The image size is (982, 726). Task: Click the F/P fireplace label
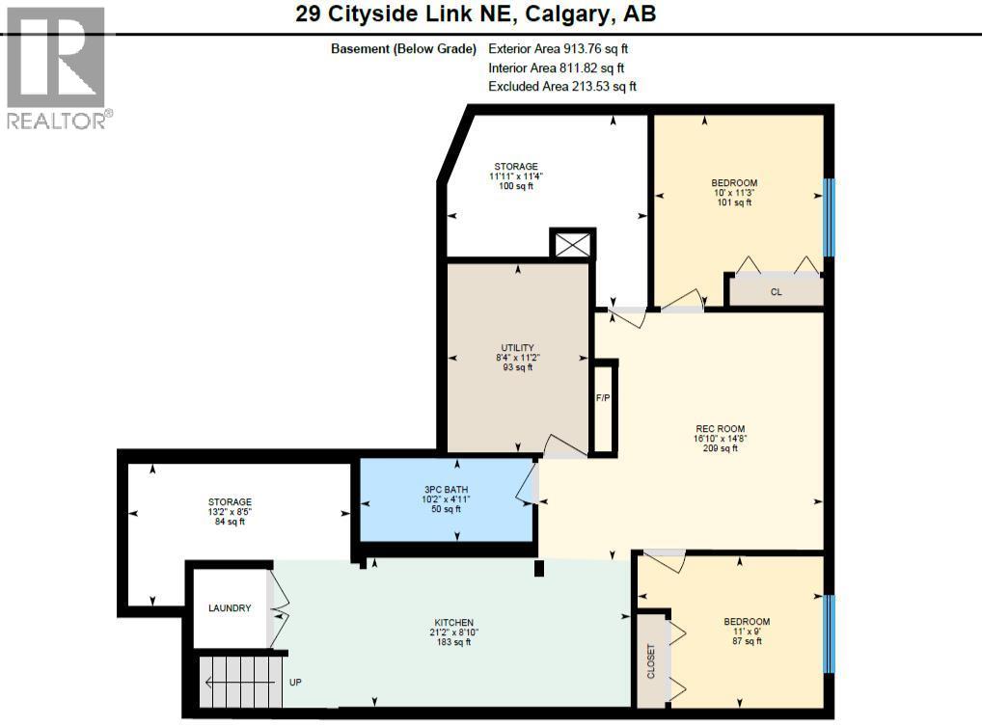pyautogui.click(x=602, y=397)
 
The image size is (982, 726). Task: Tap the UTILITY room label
pyautogui.click(x=518, y=348)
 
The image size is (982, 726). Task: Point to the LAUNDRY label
pyautogui.click(x=230, y=608)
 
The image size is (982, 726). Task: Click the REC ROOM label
pyautogui.click(x=721, y=429)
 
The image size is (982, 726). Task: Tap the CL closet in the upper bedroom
pyautogui.click(x=776, y=291)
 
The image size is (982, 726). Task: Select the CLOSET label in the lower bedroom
pyautogui.click(x=651, y=660)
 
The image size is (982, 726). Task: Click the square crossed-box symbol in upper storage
pyautogui.click(x=572, y=244)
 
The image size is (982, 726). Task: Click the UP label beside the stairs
pyautogui.click(x=296, y=682)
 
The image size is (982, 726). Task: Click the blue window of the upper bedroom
pyautogui.click(x=827, y=217)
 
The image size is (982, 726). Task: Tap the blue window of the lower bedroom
pyautogui.click(x=827, y=633)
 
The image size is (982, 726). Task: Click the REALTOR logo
pyautogui.click(x=57, y=67)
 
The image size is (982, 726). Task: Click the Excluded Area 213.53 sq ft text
pyautogui.click(x=562, y=87)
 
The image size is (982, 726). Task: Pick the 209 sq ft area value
pyautogui.click(x=721, y=448)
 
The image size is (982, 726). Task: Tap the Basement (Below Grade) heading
pyautogui.click(x=403, y=48)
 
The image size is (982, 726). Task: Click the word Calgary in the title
pyautogui.click(x=577, y=14)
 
